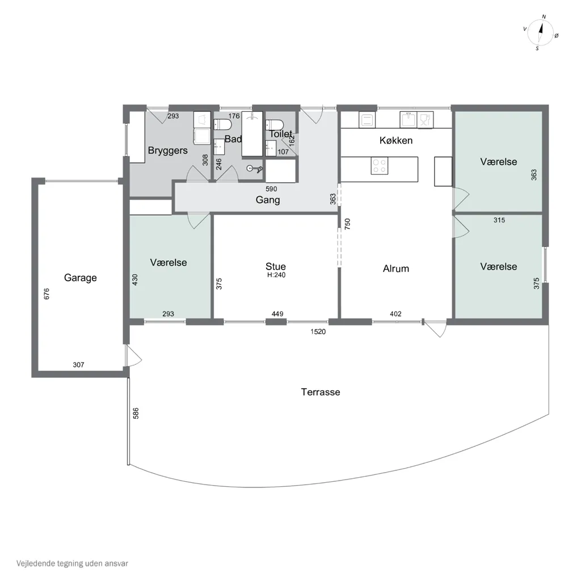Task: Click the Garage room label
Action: (x=81, y=278)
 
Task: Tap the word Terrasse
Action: (x=321, y=392)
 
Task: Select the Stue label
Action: (x=276, y=267)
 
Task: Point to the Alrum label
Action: (x=395, y=268)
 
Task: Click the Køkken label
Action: (x=395, y=141)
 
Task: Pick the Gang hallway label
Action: (x=268, y=200)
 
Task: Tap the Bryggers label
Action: (x=167, y=150)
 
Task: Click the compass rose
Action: (x=540, y=32)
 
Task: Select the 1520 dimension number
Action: (x=318, y=331)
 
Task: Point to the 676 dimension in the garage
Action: (x=47, y=294)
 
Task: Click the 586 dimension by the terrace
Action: (x=136, y=414)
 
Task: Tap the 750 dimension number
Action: (x=348, y=224)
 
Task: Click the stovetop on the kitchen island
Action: (x=380, y=166)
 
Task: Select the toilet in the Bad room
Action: (x=222, y=124)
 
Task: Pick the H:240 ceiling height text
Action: (x=276, y=275)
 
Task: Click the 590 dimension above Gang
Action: (x=271, y=189)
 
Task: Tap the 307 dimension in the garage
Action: (x=78, y=365)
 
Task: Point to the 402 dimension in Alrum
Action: (x=395, y=314)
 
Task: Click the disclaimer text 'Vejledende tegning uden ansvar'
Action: (x=72, y=563)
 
